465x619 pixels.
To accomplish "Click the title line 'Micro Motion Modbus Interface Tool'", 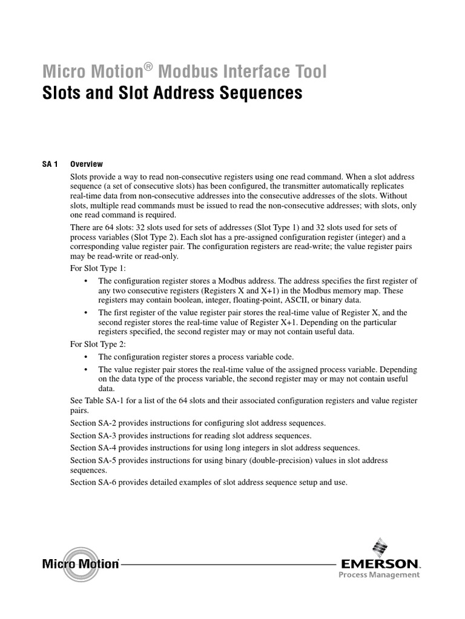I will pos(184,72).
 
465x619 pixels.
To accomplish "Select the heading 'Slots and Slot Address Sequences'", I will pos(171,94).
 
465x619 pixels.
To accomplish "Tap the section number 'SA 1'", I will pos(50,164).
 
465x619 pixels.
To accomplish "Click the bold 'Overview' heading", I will pos(87,164).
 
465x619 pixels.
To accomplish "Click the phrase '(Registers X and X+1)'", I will pos(209,291).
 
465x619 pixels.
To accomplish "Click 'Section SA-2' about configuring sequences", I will pos(92,423).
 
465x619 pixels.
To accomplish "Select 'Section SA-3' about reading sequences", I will pos(92,435).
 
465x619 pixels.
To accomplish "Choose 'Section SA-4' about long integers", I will pos(92,448).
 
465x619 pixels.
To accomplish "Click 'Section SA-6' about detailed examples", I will pos(92,482).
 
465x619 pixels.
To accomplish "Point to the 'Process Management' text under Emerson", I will pos(378,575).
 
